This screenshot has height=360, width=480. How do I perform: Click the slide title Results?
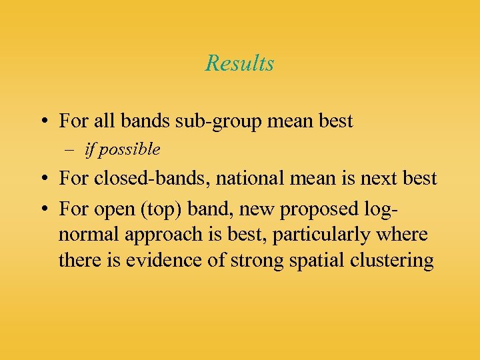point(239,63)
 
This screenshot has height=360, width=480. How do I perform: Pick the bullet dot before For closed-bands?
point(42,179)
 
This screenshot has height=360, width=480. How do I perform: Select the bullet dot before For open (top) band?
point(42,210)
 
